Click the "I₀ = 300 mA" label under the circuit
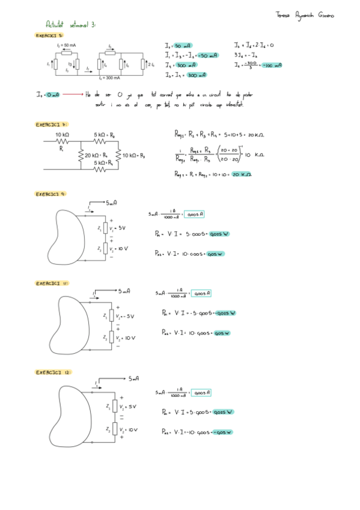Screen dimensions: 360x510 pyautogui.click(x=110, y=78)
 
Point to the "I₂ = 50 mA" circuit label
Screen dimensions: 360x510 pyautogui.click(x=66, y=45)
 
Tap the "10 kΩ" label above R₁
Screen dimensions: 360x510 pyautogui.click(x=62, y=135)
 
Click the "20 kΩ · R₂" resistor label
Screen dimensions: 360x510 pyautogui.click(x=95, y=155)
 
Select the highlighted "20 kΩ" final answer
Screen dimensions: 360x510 pyautogui.click(x=242, y=174)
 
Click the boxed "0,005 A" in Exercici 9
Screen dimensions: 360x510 pyautogui.click(x=195, y=214)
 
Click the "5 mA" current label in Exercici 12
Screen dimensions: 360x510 pyautogui.click(x=133, y=378)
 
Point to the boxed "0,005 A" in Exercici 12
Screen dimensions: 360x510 pyautogui.click(x=200, y=393)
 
